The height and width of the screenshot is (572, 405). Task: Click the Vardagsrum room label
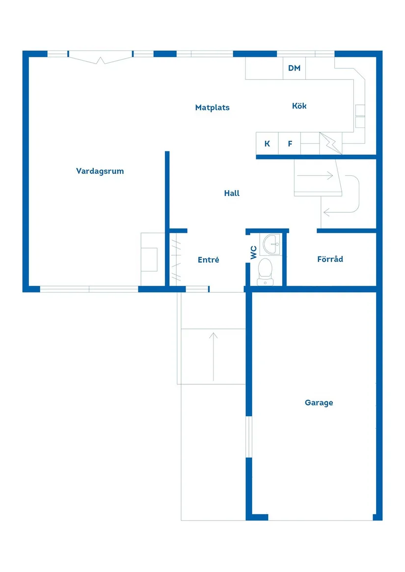[100, 171]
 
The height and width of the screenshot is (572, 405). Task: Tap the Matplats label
[212, 108]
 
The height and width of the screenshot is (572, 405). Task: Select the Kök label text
[299, 106]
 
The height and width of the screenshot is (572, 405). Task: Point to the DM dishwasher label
[294, 68]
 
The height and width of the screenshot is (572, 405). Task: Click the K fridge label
[267, 144]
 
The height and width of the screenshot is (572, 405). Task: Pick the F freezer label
[290, 144]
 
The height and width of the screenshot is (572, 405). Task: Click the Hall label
[232, 194]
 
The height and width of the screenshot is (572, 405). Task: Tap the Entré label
[208, 260]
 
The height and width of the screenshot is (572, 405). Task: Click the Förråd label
[330, 259]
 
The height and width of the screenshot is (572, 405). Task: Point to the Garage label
[319, 403]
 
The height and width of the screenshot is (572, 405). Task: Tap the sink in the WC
[270, 244]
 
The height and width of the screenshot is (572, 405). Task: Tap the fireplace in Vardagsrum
[149, 259]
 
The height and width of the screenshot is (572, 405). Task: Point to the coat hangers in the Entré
[176, 259]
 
